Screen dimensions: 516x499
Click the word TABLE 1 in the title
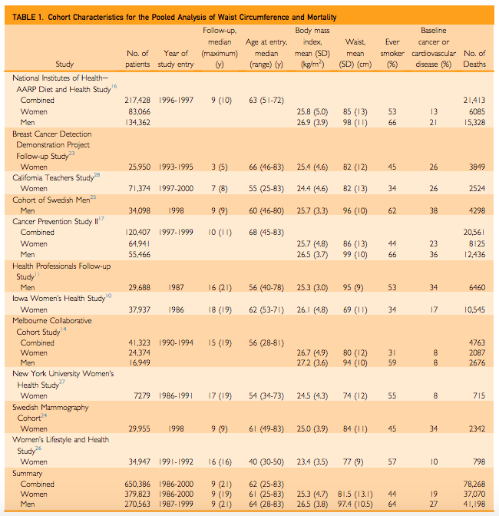coord(28,17)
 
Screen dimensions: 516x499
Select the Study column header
coord(65,64)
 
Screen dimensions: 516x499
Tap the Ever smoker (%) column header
coord(392,59)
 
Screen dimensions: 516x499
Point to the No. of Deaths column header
coord(474,59)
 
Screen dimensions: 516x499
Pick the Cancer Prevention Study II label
coord(57,220)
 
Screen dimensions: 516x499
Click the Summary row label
coord(28,473)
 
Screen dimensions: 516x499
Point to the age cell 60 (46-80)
coord(266,210)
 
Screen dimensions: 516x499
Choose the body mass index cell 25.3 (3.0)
coord(312,286)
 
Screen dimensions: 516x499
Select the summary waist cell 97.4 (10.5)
coord(355,506)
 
